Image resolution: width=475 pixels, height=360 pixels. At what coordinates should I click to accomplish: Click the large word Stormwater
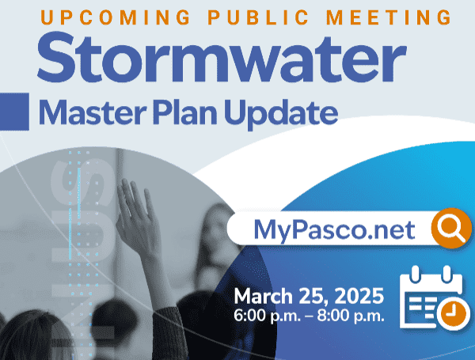tap(221, 56)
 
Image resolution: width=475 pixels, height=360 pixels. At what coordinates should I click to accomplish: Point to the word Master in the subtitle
tap(88, 113)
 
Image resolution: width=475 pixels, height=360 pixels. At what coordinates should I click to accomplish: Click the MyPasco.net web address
tap(334, 229)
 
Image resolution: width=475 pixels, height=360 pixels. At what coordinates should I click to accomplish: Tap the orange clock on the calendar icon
tap(450, 313)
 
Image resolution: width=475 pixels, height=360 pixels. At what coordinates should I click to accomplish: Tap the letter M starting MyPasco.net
tap(265, 229)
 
